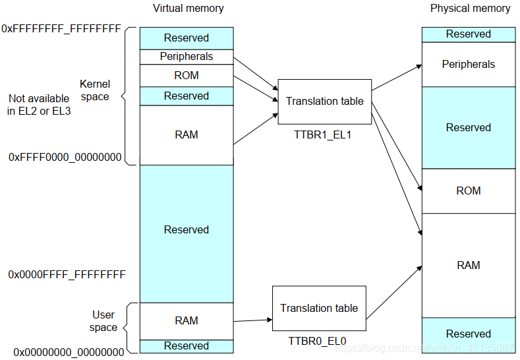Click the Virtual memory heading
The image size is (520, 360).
(x=188, y=9)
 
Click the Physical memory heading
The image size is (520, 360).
(x=471, y=9)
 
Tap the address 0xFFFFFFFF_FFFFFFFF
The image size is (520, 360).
(x=61, y=29)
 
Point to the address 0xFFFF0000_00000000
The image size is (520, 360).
(x=65, y=157)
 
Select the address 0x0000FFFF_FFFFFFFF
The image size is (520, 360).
(x=67, y=275)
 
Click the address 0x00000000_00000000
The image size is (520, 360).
(x=69, y=352)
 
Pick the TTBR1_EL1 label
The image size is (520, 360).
(x=322, y=135)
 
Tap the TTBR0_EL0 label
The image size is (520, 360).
(x=317, y=341)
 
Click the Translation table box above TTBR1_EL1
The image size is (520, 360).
(x=325, y=102)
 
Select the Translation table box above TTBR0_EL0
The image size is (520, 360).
(x=319, y=308)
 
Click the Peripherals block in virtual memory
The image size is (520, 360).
(x=187, y=57)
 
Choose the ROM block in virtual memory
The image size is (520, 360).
(x=187, y=76)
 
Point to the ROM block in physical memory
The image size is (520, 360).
(x=469, y=191)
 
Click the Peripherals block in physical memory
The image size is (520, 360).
(x=469, y=65)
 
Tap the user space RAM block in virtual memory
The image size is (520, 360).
(x=187, y=321)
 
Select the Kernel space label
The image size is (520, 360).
(x=95, y=90)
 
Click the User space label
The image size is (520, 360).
(x=103, y=321)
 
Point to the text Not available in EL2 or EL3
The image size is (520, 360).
(x=39, y=105)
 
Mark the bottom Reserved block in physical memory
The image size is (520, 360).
(x=469, y=335)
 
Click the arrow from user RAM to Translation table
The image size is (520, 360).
(x=252, y=320)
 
